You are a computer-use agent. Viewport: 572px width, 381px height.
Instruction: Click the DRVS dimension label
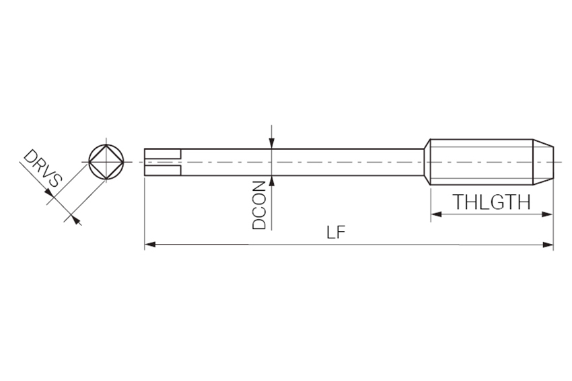pyautogui.click(x=43, y=168)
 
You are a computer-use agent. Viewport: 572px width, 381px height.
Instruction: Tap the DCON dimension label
pyautogui.click(x=259, y=205)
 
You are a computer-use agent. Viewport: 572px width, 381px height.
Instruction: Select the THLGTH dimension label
pyautogui.click(x=491, y=202)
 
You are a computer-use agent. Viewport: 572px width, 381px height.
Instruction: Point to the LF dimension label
pyautogui.click(x=336, y=232)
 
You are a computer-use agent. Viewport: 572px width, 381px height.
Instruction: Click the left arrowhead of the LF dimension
pyautogui.click(x=150, y=245)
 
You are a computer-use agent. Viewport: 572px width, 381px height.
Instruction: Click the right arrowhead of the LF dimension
pyautogui.click(x=548, y=245)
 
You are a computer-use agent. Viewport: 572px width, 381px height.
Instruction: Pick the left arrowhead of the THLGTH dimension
pyautogui.click(x=436, y=214)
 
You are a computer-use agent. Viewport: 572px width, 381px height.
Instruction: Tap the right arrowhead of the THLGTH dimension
pyautogui.click(x=548, y=214)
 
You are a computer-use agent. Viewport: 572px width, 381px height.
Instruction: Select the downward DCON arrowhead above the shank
pyautogui.click(x=272, y=144)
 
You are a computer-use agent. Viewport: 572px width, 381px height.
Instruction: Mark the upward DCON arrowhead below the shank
pyautogui.click(x=272, y=181)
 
